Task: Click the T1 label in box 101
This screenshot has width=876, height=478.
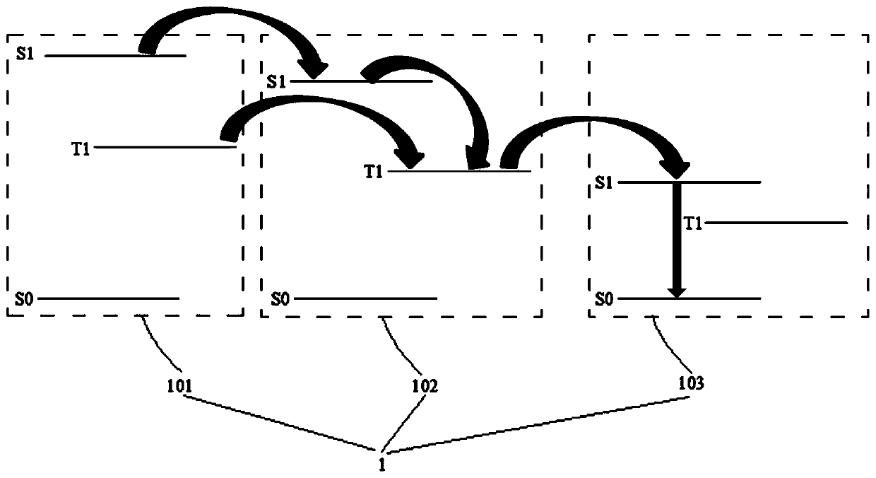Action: point(81,148)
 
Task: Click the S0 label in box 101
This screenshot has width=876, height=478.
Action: point(24,299)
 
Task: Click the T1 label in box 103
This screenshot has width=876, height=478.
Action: point(694,223)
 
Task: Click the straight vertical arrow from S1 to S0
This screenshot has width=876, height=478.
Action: point(677,240)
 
